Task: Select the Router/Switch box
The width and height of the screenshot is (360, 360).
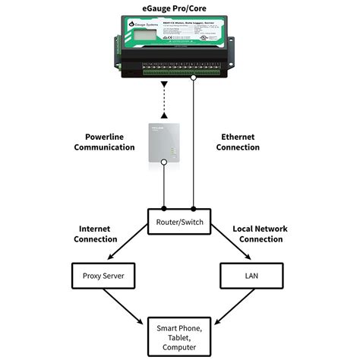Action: (x=180, y=221)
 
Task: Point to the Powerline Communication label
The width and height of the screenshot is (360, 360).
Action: (x=105, y=142)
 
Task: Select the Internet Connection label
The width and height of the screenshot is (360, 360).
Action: (x=96, y=233)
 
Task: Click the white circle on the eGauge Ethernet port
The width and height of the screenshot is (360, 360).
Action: (x=194, y=77)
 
